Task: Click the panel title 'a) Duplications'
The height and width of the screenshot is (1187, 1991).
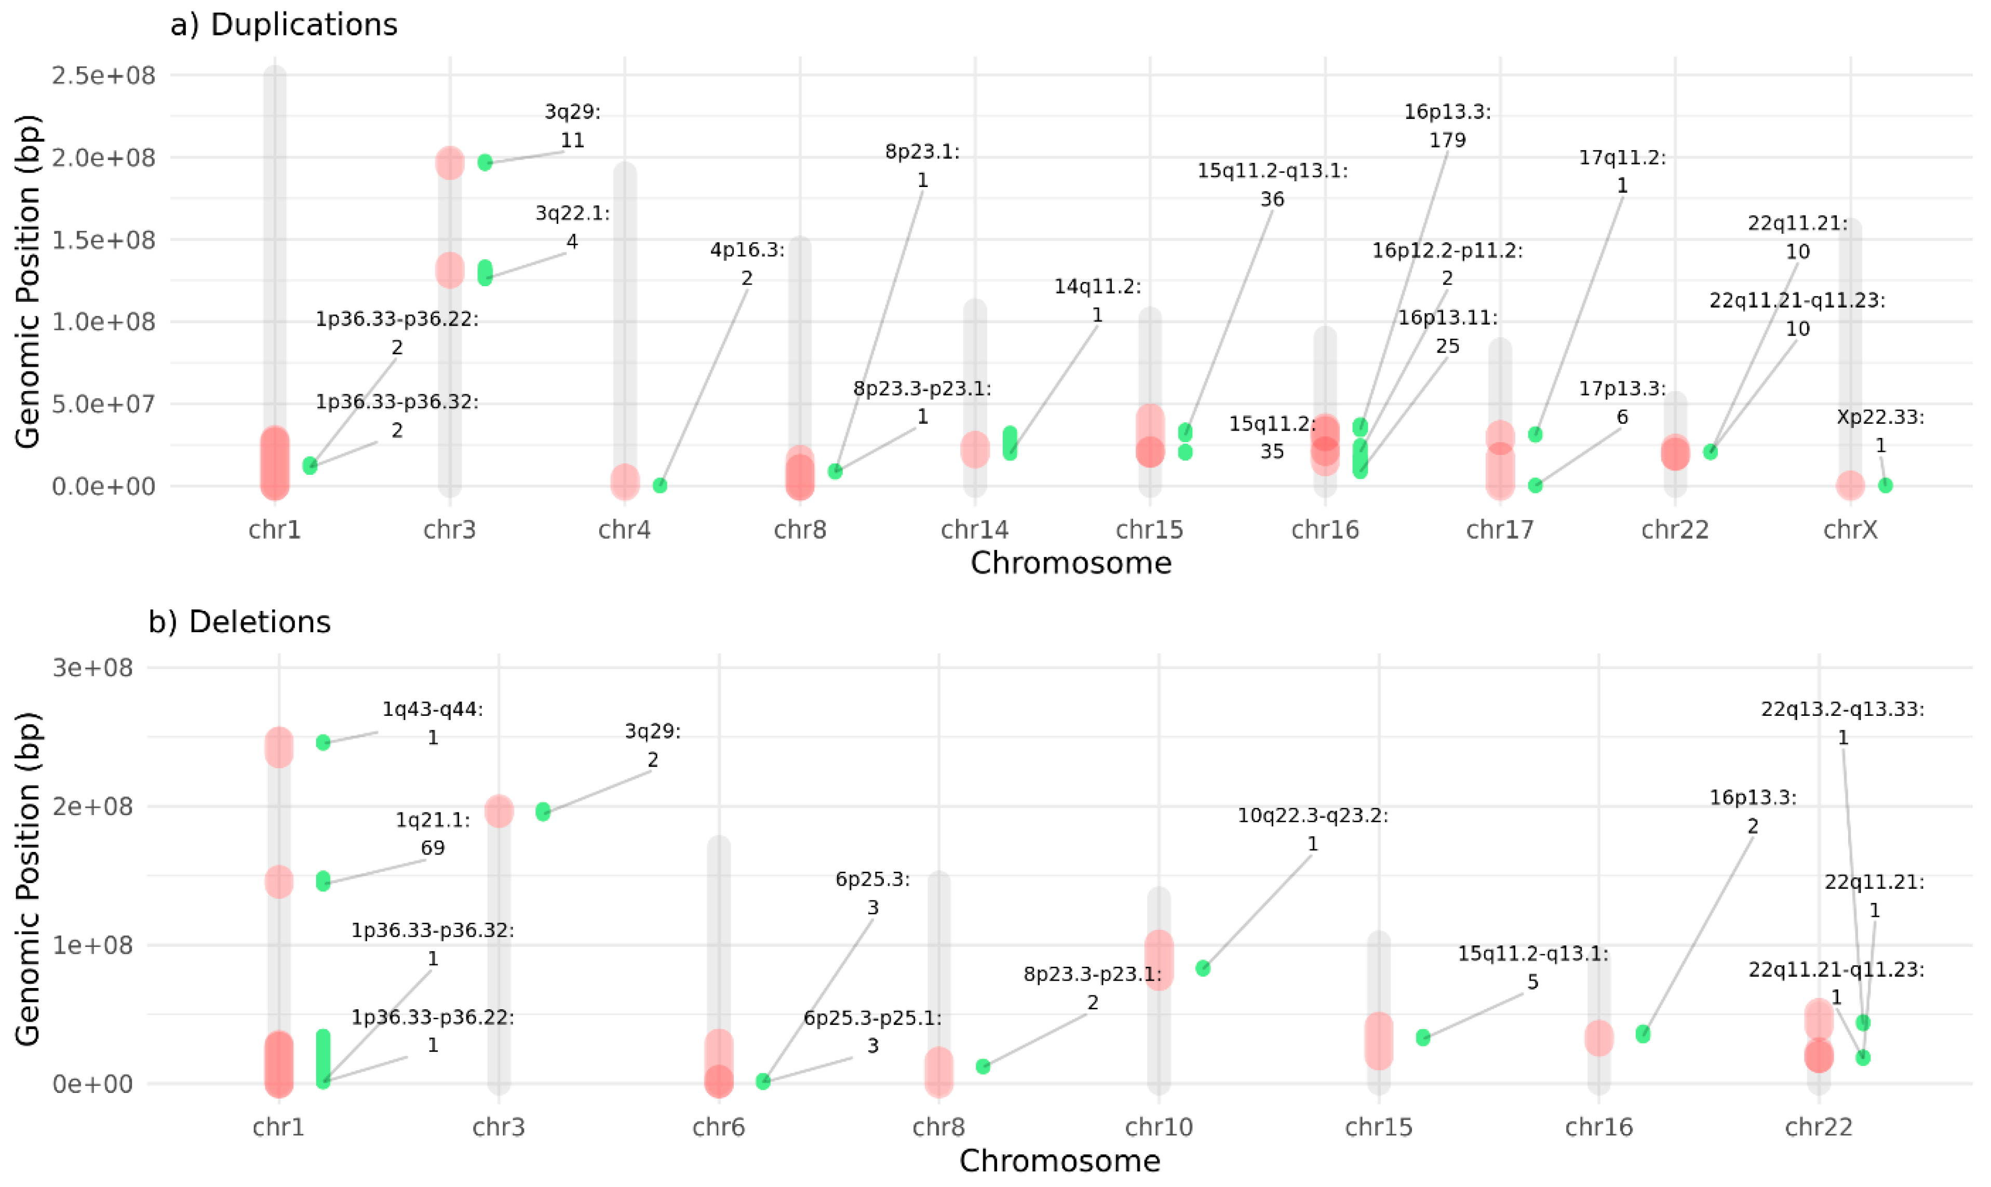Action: tap(284, 25)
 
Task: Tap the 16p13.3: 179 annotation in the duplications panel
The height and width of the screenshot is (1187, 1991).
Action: tap(1447, 126)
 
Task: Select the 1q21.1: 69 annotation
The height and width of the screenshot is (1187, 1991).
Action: tap(433, 833)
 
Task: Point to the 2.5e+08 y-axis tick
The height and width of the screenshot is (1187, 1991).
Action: tap(104, 76)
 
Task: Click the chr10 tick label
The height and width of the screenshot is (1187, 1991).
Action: tap(1159, 1128)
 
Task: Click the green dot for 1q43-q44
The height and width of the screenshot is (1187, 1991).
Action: tap(323, 743)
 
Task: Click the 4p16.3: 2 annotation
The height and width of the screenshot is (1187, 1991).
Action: tap(747, 264)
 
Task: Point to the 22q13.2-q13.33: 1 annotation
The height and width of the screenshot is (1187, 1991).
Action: tap(1842, 723)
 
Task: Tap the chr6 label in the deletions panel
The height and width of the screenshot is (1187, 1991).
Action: tap(718, 1128)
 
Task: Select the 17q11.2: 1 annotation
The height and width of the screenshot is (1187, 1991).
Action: tap(1622, 171)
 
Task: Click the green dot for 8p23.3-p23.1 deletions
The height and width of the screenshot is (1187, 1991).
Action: tap(983, 1066)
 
